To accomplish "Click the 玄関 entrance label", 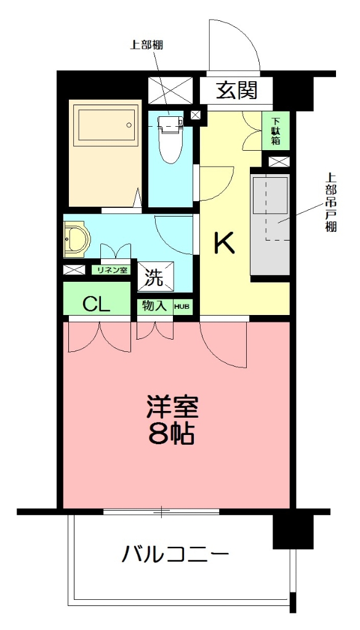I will point(236,91).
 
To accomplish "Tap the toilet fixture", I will point(170,137).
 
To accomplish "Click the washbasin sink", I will point(76,239).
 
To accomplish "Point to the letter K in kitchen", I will point(224,244).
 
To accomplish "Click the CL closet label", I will point(97,304).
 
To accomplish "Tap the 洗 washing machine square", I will point(155,277).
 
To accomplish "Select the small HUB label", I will point(182,306).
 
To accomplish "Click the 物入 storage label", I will point(154,306).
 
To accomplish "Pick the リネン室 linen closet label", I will point(111,270).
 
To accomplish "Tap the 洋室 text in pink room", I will point(173,408).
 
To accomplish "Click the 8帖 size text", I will point(172,434).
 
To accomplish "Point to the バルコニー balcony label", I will point(175,556).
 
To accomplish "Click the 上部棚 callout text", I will point(147,44).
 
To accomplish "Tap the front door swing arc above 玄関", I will point(233,46).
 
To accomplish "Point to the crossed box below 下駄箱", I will point(278,162).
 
